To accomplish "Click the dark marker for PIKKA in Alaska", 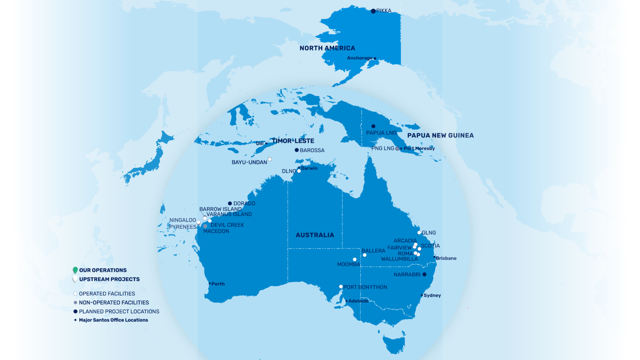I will click(x=373, y=11).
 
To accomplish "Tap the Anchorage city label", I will click(x=360, y=58).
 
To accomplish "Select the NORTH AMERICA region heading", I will click(x=327, y=48).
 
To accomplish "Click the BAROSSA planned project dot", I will click(x=297, y=150).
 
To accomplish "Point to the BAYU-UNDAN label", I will click(x=249, y=162).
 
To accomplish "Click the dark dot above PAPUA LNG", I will click(x=373, y=126).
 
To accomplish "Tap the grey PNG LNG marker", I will click(x=397, y=149).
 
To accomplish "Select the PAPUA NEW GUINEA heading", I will click(x=440, y=135).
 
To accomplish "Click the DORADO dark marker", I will click(x=230, y=203).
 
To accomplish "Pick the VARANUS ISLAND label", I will click(x=229, y=214).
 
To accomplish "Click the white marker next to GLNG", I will click(x=419, y=233).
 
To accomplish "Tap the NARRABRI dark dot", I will click(x=424, y=274).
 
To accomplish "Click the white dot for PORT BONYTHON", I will click(x=341, y=287).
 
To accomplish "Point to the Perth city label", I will click(x=218, y=284).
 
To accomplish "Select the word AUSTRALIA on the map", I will click(x=315, y=235).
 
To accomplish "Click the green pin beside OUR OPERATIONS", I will click(x=75, y=270).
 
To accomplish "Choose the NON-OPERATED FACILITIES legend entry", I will click(x=114, y=303).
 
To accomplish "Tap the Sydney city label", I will click(x=432, y=295).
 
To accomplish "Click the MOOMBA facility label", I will click(x=348, y=264).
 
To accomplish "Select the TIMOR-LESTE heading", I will click(x=293, y=141).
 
